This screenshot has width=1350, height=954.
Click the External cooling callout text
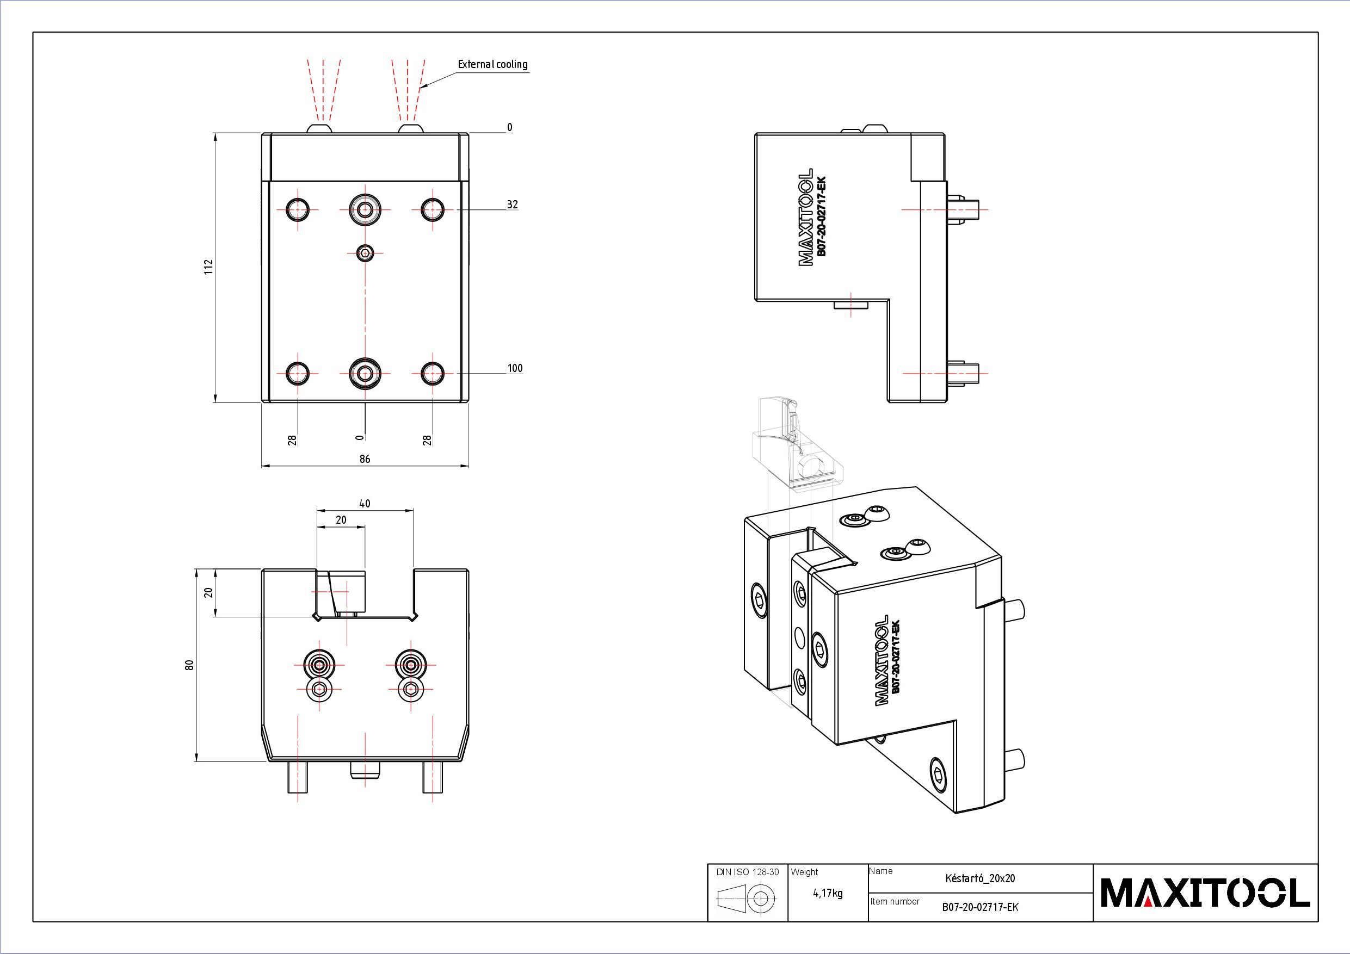493,65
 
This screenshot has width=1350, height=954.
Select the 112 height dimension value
208,268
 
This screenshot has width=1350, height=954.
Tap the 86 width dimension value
365,459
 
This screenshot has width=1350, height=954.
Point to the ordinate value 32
512,205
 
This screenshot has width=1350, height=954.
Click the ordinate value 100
515,369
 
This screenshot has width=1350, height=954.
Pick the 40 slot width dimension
365,504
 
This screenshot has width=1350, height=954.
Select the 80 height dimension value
189,665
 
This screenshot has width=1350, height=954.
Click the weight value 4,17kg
827,894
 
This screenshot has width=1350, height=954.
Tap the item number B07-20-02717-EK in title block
980,907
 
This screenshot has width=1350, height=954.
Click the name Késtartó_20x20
979,879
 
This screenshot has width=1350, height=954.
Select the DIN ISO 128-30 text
747,872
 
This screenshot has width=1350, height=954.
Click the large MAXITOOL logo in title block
1205,893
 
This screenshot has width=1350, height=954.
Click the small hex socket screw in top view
365,253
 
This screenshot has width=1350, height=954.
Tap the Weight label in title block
804,872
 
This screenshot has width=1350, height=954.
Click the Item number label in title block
895,902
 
